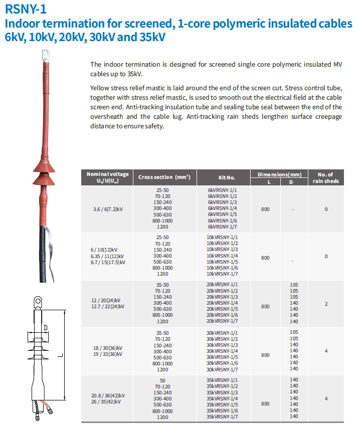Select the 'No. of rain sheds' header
[326, 177]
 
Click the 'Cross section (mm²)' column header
[164, 177]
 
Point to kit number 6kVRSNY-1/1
[222, 191]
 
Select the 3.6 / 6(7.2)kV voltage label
[108, 209]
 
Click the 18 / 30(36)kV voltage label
[108, 348]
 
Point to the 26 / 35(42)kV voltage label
[108, 402]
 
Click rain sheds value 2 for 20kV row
[326, 304]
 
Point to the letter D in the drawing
[46, 329]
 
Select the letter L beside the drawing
[59, 356]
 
